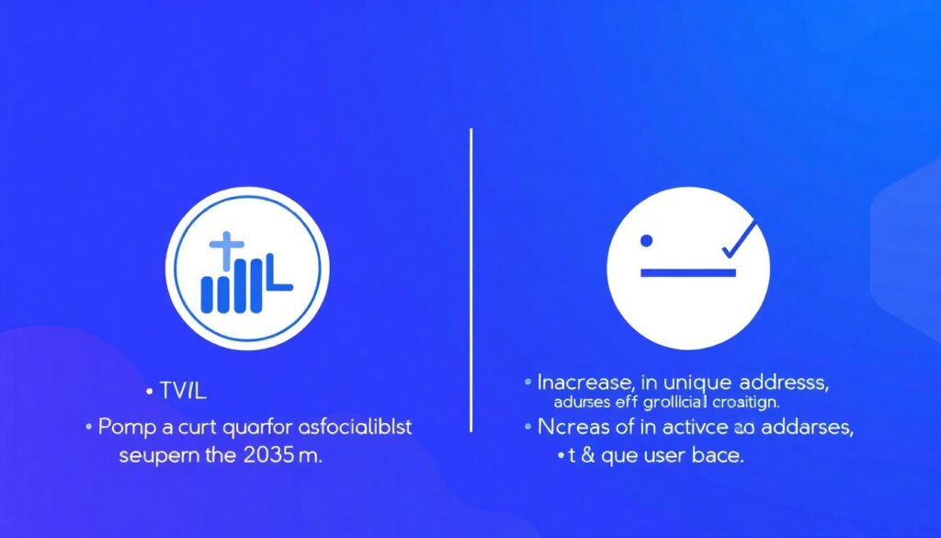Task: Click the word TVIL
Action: click(182, 392)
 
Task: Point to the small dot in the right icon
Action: click(646, 240)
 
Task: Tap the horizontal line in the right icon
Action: click(688, 272)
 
